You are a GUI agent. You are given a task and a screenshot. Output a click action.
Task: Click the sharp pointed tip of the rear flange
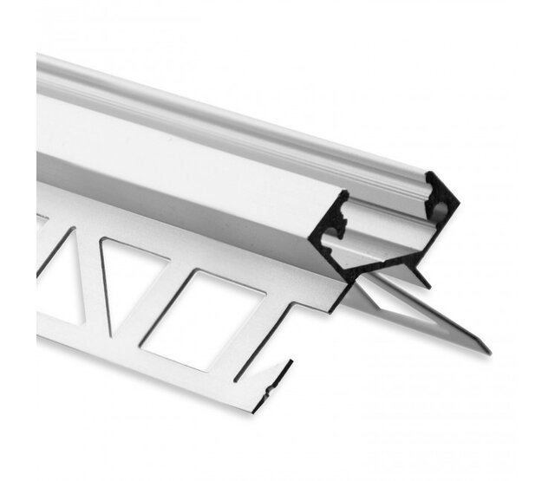coord(486,351)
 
